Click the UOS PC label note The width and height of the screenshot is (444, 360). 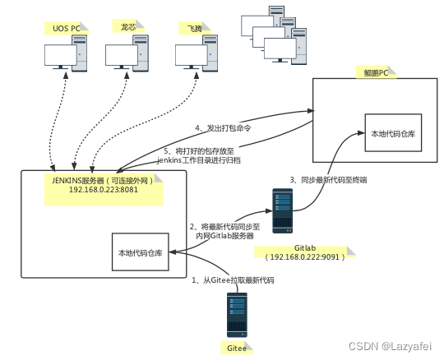pos(67,28)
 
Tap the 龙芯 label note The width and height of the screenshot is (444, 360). pos(128,26)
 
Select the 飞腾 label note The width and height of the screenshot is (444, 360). pos(195,28)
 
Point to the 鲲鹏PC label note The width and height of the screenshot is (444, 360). pos(376,72)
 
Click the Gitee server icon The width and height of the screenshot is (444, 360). pos(237,315)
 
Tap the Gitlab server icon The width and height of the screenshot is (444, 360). pos(283,211)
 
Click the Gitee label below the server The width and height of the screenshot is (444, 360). pos(237,348)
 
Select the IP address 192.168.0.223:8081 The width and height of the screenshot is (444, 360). pos(104,190)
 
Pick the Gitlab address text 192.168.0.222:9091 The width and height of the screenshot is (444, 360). pos(305,257)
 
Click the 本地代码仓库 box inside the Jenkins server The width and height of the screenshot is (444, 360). pos(141,252)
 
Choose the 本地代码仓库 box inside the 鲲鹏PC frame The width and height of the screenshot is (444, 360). pos(393,132)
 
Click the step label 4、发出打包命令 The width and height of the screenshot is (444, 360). pos(223,128)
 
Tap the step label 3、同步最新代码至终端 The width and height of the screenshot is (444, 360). pos(328,180)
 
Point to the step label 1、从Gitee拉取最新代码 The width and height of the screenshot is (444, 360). pos(233,280)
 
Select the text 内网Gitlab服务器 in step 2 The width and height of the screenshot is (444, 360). pos(224,236)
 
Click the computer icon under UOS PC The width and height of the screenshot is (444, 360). pos(66,53)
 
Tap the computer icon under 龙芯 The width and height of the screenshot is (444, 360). pos(127,53)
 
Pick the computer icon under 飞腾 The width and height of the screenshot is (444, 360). pos(197,53)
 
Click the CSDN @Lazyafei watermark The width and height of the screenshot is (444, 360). pos(391,346)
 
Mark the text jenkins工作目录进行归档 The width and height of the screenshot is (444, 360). pos(199,160)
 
